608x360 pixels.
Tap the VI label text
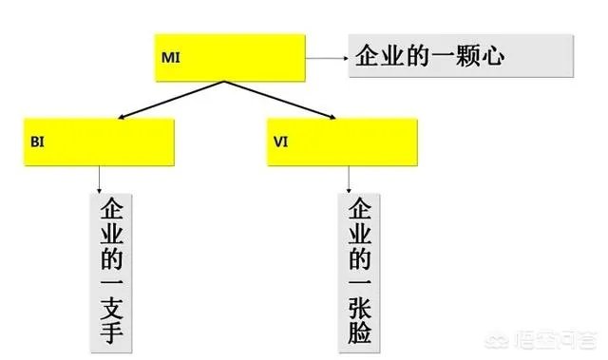279,142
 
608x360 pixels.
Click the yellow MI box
228,59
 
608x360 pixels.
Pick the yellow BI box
100,142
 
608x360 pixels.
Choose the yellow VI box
342,142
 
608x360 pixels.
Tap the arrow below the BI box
100,180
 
